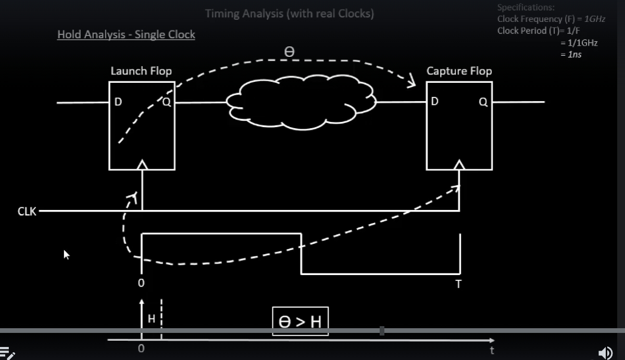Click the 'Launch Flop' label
141,71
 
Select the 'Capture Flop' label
459,71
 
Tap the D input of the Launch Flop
118,103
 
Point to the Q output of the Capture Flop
483,103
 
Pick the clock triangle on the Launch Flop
142,165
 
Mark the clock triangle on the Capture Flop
459,165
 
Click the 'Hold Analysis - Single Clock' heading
126,35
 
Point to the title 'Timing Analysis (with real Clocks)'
290,14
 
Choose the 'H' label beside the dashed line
152,319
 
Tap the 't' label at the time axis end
492,350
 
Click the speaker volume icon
606,353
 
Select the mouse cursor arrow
67,254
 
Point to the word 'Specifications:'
526,7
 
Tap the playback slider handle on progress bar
382,331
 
